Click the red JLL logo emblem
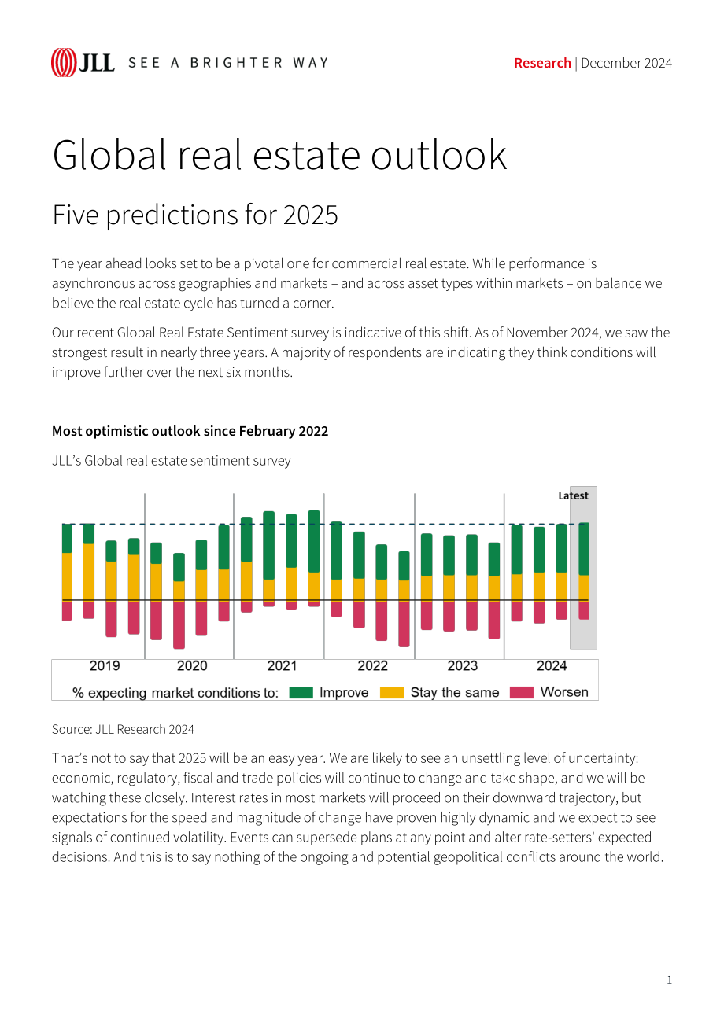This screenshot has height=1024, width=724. tap(64, 62)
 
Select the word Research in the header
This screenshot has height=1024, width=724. tap(542, 63)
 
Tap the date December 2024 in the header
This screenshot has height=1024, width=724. tap(626, 63)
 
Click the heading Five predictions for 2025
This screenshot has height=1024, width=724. tap(195, 215)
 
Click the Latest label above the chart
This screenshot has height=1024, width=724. tap(573, 495)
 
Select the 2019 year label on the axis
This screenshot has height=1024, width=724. tap(105, 665)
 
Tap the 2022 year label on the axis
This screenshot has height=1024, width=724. tap(372, 665)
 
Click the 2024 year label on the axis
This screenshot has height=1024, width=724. tap(552, 665)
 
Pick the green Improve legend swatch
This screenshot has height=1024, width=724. tap(301, 693)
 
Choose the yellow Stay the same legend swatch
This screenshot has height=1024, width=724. tap(392, 693)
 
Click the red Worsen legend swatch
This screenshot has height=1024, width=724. tap(522, 693)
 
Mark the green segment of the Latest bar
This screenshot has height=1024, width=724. tap(584, 549)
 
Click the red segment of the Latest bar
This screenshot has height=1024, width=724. tap(584, 610)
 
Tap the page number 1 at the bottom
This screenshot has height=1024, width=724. tap(669, 980)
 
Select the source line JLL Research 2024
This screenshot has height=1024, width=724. tap(123, 729)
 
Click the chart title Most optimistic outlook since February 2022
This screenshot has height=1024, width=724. tap(190, 431)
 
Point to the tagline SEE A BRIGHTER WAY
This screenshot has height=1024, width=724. tap(228, 63)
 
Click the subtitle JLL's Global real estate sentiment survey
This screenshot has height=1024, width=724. tap(171, 461)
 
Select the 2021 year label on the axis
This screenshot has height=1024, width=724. tap(282, 665)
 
